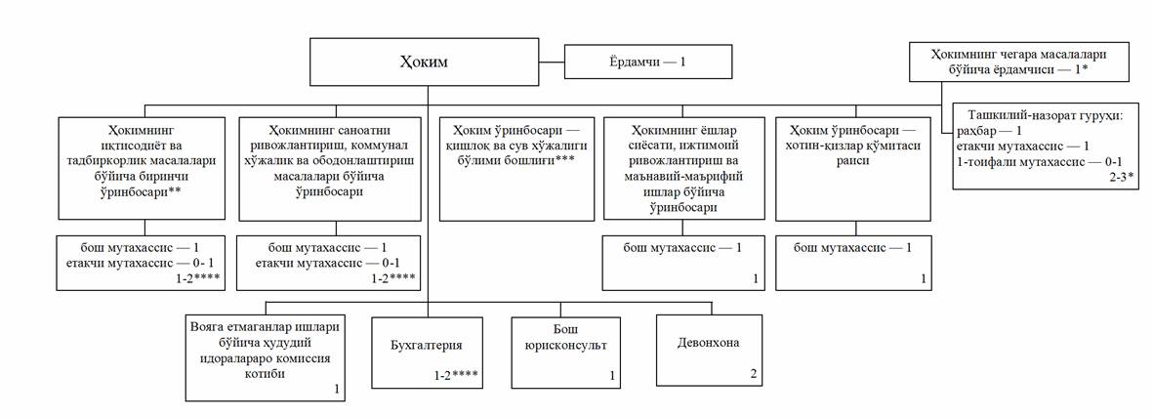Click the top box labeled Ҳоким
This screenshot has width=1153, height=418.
point(427,63)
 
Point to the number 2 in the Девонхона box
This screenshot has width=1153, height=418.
point(753,374)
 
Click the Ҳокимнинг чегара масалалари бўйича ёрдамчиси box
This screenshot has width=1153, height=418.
point(1018,62)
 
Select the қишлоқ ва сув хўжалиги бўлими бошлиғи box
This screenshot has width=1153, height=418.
point(516,166)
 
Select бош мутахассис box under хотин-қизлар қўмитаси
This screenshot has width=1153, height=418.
point(852,262)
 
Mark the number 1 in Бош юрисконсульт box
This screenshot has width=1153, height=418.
point(612,375)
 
